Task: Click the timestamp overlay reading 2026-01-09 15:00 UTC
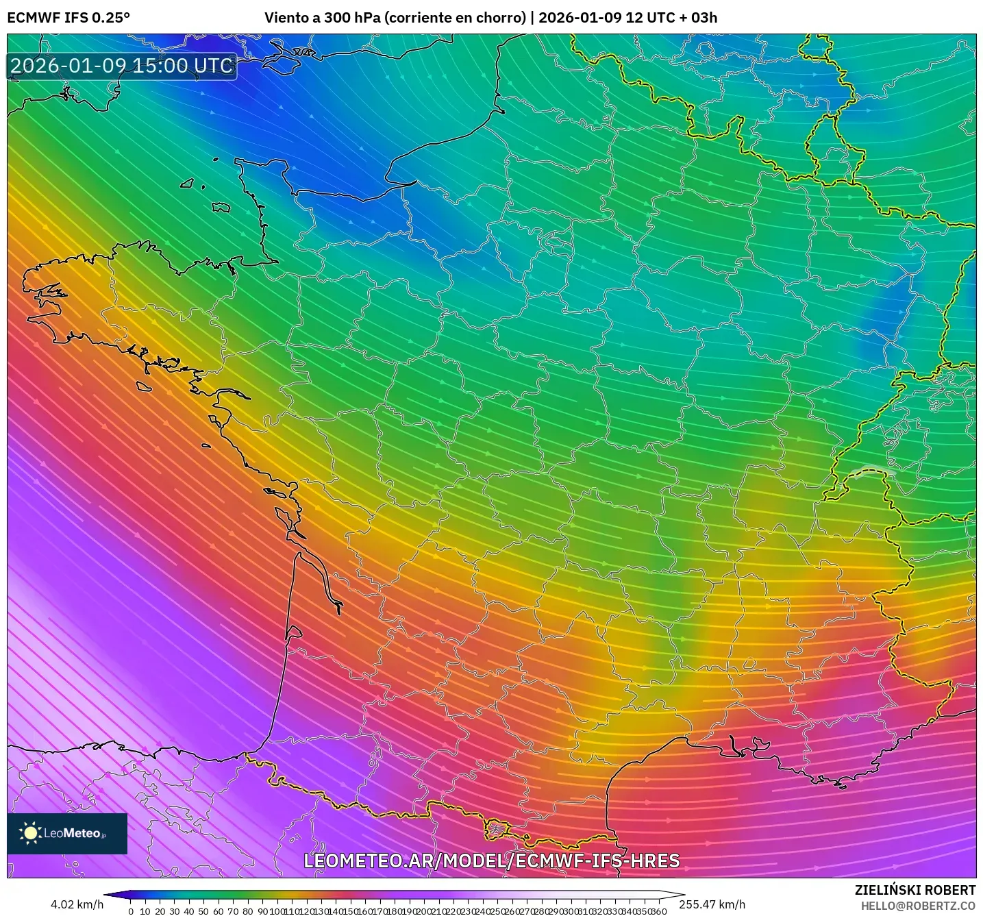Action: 122,66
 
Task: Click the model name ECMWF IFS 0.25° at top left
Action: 69,18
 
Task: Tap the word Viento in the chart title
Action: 286,18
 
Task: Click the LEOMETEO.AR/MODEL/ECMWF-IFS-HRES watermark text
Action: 491,861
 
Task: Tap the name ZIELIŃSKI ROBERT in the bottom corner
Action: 914,890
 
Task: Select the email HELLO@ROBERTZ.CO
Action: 918,906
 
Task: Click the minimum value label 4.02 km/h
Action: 77,904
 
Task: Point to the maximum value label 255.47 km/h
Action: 712,904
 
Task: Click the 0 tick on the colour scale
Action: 131,911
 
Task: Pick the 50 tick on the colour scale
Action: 203,911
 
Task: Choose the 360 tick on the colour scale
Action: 659,911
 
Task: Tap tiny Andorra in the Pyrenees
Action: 495,830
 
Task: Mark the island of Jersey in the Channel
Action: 221,207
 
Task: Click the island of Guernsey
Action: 187,183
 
